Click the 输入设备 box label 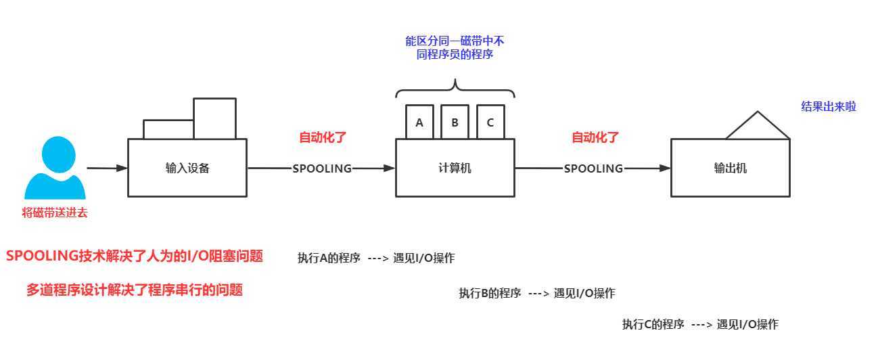(x=187, y=168)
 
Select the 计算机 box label (x=455, y=168)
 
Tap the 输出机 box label (x=730, y=168)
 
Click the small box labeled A (x=419, y=122)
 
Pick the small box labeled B (x=455, y=122)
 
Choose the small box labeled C (x=490, y=122)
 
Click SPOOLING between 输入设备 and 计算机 (x=322, y=168)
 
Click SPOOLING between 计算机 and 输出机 (x=593, y=168)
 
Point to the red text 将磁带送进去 (x=55, y=213)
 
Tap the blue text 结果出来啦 (x=828, y=106)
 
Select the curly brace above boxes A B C (x=455, y=87)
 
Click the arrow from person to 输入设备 (x=107, y=168)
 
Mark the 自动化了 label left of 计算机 (x=323, y=137)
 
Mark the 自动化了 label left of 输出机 (x=595, y=137)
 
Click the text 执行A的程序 (x=329, y=258)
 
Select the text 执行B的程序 (x=490, y=293)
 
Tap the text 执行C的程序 (x=653, y=325)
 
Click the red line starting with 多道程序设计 (x=134, y=290)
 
